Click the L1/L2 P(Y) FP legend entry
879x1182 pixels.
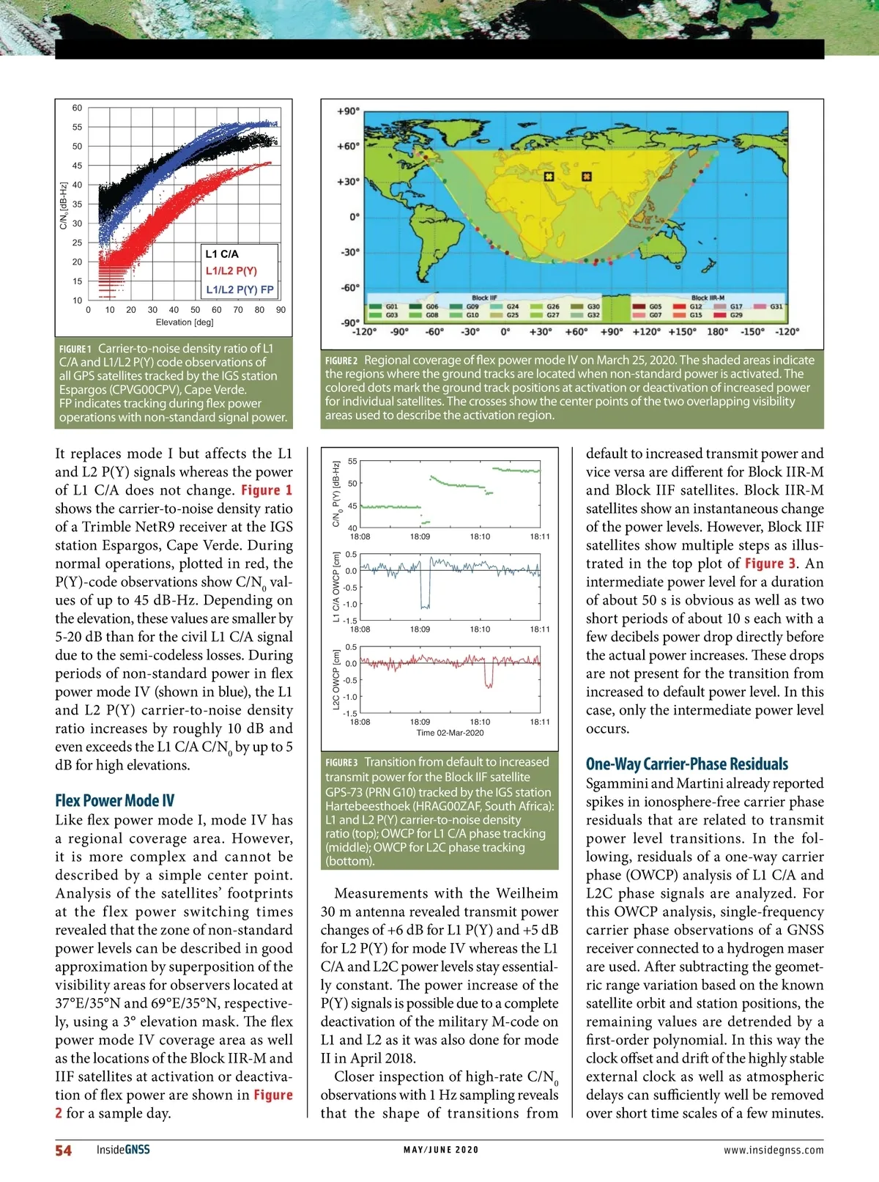(240, 289)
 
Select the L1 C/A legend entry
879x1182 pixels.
(222, 254)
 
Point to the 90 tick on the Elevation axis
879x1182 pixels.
(281, 310)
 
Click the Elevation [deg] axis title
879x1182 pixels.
(185, 322)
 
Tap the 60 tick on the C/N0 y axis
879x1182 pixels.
(77, 108)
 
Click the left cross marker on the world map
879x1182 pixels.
(549, 177)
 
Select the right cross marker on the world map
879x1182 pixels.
(586, 177)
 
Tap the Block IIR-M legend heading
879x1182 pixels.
(708, 298)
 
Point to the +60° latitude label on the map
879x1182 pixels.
(348, 146)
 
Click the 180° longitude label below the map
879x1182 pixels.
(716, 331)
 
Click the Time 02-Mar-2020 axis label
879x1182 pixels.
(450, 733)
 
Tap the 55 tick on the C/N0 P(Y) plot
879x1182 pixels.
(352, 461)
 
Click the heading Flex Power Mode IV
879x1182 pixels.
(115, 800)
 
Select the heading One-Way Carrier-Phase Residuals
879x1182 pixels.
(686, 764)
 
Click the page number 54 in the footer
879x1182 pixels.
(64, 1150)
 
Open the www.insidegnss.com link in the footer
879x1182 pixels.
(774, 1150)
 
